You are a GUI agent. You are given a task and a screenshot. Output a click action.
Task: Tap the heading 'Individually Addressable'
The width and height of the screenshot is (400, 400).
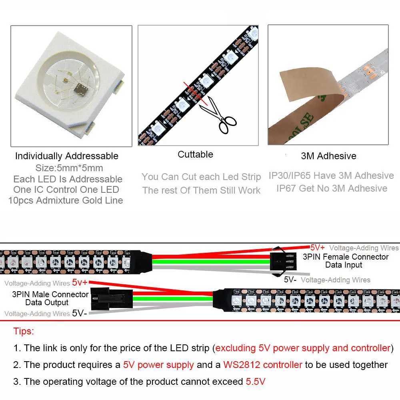pyautogui.click(x=67, y=156)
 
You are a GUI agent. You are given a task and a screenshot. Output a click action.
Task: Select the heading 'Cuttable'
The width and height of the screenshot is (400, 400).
pyautogui.click(x=195, y=154)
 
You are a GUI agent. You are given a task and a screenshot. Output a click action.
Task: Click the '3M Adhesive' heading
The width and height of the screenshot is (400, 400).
pyautogui.click(x=328, y=156)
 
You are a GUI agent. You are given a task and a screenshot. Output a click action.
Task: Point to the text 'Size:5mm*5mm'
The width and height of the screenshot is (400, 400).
pyautogui.click(x=69, y=168)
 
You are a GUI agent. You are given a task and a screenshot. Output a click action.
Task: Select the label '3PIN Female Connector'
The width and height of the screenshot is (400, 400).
pyautogui.click(x=345, y=257)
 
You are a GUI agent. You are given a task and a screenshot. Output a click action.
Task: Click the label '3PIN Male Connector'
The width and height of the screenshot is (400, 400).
pyautogui.click(x=50, y=294)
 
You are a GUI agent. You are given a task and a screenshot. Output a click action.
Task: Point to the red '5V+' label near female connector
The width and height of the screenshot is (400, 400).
pyautogui.click(x=318, y=247)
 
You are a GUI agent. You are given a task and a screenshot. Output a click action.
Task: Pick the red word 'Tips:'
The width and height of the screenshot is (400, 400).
pyautogui.click(x=24, y=331)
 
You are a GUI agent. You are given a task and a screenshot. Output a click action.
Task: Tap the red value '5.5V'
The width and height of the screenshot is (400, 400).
pyautogui.click(x=255, y=382)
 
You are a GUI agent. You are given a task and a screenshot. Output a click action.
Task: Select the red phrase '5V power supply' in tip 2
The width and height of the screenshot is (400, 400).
pyautogui.click(x=158, y=365)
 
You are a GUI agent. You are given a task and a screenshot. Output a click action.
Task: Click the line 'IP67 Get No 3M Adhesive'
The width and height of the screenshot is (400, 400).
pyautogui.click(x=332, y=188)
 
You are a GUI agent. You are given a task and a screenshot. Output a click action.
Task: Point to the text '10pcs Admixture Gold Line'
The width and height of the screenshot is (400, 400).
pyautogui.click(x=66, y=200)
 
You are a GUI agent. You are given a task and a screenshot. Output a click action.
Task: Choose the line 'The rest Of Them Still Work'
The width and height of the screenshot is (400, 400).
pyautogui.click(x=201, y=190)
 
